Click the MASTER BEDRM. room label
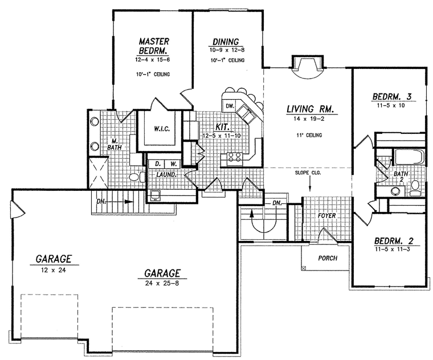(x=154, y=46)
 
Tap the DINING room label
(x=226, y=42)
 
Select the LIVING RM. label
(x=312, y=109)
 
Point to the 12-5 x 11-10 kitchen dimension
(x=222, y=136)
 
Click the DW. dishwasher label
(x=230, y=106)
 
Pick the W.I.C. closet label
(x=162, y=129)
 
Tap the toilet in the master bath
(x=137, y=177)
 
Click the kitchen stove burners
(x=234, y=157)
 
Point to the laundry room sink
(x=155, y=195)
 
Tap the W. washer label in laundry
(x=173, y=163)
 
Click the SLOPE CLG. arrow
(x=310, y=184)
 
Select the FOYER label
(x=326, y=215)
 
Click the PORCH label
(x=328, y=258)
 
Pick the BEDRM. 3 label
(x=392, y=97)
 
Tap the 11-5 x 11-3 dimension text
(x=392, y=249)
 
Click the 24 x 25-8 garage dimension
(x=162, y=284)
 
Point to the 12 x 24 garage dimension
(x=54, y=270)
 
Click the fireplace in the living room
(x=307, y=67)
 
